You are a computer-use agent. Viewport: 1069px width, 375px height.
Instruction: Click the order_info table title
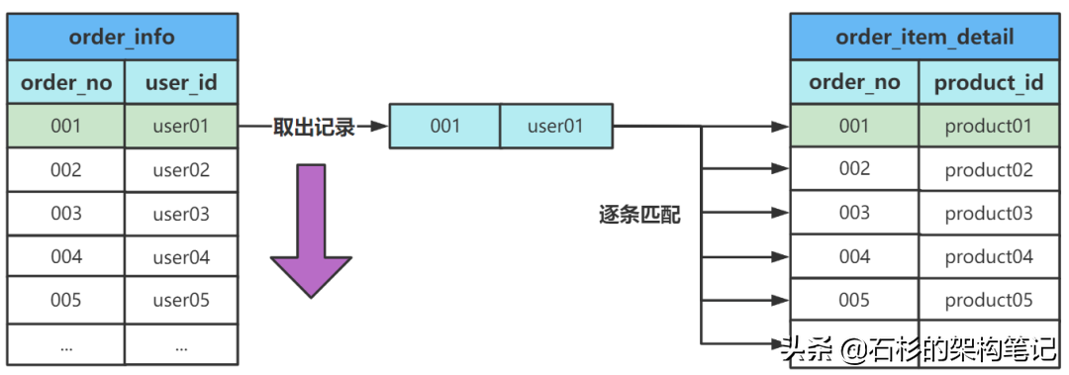coord(123,38)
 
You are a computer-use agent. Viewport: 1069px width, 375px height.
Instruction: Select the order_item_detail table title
coord(924,38)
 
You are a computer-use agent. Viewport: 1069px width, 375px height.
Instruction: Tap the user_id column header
coord(181,82)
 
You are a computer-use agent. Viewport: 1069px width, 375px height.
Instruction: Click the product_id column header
coord(989,82)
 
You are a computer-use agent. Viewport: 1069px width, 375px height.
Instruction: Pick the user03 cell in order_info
coord(181,213)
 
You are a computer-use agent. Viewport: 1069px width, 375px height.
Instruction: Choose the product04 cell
coord(989,256)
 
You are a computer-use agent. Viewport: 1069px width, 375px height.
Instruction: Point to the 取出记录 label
coord(313,127)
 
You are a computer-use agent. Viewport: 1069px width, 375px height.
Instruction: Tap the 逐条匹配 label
coord(639,215)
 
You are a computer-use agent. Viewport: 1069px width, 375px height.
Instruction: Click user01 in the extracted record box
coord(555,127)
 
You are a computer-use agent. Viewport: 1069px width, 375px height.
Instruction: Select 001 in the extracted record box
coord(444,127)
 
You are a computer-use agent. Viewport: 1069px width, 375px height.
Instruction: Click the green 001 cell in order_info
coord(66,127)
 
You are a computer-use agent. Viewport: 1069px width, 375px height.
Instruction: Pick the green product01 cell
coord(989,127)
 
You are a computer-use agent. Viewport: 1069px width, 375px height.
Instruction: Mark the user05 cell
coord(181,300)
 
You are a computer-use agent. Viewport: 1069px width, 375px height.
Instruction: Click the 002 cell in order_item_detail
coord(854,169)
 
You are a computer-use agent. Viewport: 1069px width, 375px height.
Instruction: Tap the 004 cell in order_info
coord(66,256)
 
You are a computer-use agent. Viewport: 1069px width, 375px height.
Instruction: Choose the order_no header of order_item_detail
coord(854,82)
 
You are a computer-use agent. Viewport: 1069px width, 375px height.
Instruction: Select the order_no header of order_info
coord(66,82)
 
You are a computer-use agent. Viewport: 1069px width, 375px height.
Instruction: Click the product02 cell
coord(989,169)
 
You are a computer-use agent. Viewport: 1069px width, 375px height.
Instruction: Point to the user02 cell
coord(181,169)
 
